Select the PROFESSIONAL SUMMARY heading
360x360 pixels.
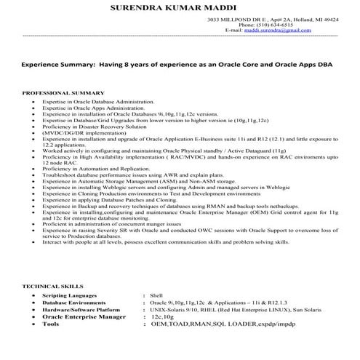click(x=59, y=94)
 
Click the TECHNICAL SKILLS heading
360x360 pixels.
click(x=52, y=288)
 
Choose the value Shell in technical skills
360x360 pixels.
click(x=156, y=297)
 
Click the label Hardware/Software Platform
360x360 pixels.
click(x=79, y=311)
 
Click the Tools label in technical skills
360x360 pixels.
click(x=51, y=325)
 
